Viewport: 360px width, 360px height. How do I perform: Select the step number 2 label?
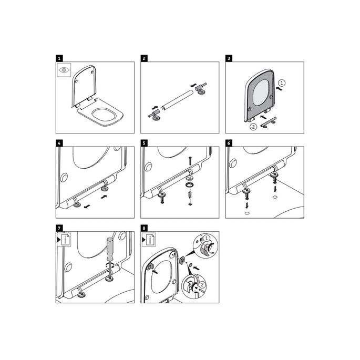(143, 58)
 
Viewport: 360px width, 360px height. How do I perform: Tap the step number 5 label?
(143, 142)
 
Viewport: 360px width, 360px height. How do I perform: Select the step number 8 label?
(143, 228)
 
